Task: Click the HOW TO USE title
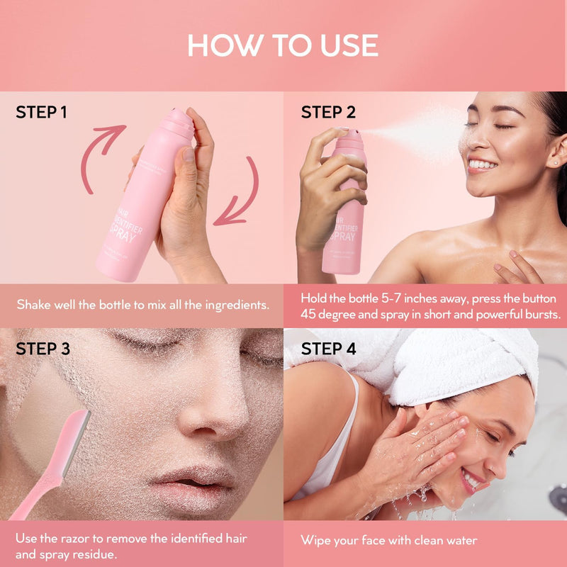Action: coord(283,45)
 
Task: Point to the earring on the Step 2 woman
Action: coord(554,162)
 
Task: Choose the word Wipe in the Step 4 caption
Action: coord(315,541)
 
